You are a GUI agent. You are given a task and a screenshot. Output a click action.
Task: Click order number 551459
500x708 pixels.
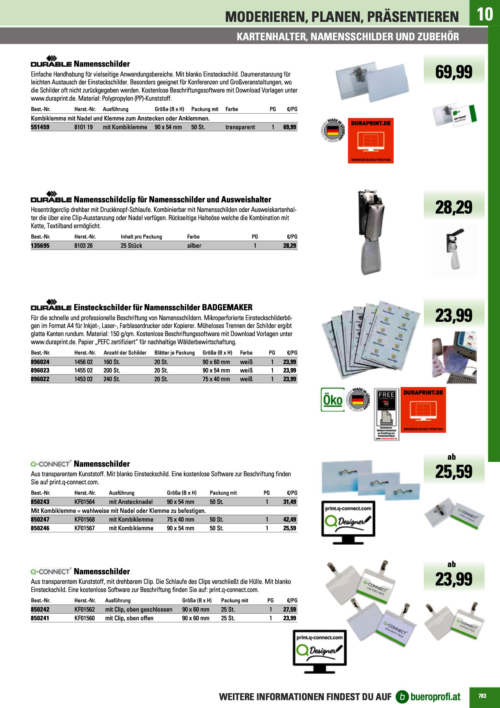[40, 127]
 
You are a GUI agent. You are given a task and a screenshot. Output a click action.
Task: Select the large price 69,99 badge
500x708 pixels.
[454, 72]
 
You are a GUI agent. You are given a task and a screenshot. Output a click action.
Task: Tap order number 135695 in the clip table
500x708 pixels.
[40, 246]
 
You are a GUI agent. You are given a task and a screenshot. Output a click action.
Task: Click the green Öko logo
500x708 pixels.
[333, 400]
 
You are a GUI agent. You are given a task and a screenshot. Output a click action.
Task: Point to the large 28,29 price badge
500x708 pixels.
[454, 207]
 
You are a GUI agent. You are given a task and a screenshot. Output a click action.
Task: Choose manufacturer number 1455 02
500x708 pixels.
[83, 370]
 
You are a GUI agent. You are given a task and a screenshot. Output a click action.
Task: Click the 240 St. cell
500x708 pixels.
[111, 379]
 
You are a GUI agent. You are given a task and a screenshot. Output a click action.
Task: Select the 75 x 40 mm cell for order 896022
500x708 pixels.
[216, 379]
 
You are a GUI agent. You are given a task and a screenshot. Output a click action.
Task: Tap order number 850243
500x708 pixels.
[40, 502]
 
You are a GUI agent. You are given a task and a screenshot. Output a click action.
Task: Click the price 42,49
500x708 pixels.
[289, 519]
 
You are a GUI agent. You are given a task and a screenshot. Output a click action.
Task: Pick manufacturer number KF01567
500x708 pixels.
[85, 528]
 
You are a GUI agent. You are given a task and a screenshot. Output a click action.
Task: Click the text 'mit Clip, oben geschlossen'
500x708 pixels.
[139, 609]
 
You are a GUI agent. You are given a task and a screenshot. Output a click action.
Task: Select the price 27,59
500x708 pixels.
[289, 609]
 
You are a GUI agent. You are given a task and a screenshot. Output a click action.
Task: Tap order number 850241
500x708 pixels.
[40, 618]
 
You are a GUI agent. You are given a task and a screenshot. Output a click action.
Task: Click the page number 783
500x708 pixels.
[482, 696]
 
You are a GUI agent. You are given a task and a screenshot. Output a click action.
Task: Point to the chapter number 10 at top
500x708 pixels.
[485, 14]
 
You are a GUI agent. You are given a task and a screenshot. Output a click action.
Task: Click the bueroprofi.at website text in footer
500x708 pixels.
[435, 697]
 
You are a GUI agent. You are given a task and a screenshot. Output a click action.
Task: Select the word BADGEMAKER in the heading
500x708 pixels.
[227, 307]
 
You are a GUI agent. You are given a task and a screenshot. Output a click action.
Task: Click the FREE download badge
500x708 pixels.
[387, 414]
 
